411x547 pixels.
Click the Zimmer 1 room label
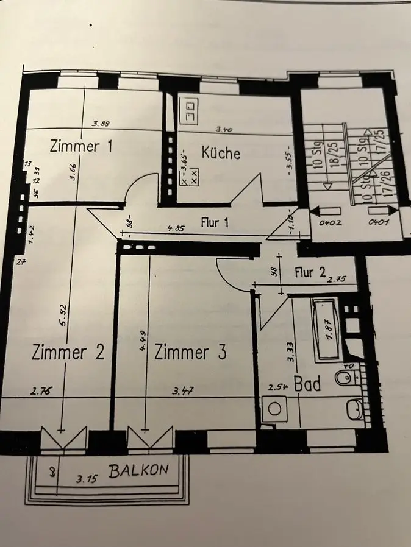pyautogui.click(x=82, y=146)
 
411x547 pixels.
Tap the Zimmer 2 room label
pyautogui.click(x=68, y=352)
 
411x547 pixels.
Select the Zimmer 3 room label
pyautogui.click(x=190, y=352)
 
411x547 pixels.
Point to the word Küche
pyautogui.click(x=221, y=152)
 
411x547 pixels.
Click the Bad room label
pyautogui.click(x=308, y=384)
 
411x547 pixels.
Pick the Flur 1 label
pyautogui.click(x=215, y=223)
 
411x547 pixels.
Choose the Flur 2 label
pyautogui.click(x=310, y=272)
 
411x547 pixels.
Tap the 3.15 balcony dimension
pyautogui.click(x=87, y=480)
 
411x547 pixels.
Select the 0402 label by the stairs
pyautogui.click(x=331, y=222)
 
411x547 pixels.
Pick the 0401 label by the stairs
pyautogui.click(x=378, y=222)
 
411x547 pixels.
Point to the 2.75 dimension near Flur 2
pyautogui.click(x=337, y=279)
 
